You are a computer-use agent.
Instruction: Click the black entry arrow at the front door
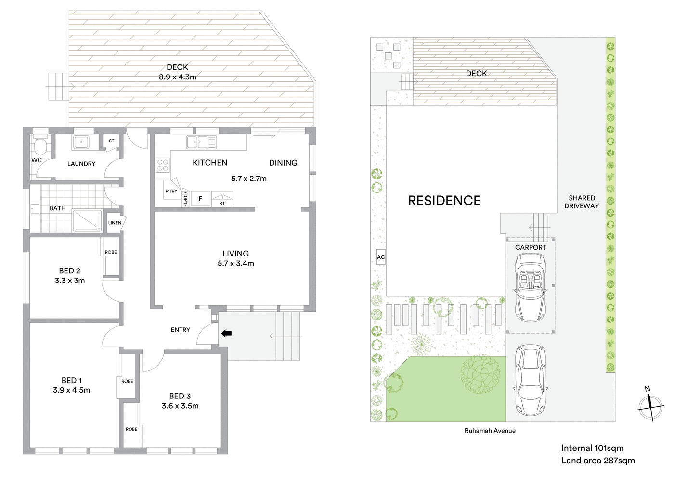coord(226,333)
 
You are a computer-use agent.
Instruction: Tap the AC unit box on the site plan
coord(381,257)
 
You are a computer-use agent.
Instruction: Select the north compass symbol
coord(650,407)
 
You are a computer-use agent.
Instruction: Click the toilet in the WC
coord(40,145)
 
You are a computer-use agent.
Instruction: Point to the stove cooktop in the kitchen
coord(163,165)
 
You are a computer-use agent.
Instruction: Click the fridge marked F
coord(200,199)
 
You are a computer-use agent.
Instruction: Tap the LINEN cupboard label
coord(115,223)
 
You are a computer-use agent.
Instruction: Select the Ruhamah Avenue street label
coord(490,431)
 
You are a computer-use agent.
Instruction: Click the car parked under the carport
coord(530,287)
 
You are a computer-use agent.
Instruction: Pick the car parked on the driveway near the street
coord(530,380)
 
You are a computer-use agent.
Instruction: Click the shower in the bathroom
coord(87,221)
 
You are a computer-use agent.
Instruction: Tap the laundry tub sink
coord(80,142)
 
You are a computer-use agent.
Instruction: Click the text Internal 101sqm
coord(592,448)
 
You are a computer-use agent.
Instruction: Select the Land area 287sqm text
coord(597,461)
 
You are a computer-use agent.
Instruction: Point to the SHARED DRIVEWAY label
coord(582,202)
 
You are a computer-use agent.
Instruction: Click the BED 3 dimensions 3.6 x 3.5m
coord(180,406)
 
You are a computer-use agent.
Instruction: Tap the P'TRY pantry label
coord(171,191)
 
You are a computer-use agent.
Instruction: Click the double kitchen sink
coord(202,142)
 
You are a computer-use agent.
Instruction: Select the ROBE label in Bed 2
coord(111,252)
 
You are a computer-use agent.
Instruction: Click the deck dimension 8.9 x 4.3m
coord(177,77)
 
